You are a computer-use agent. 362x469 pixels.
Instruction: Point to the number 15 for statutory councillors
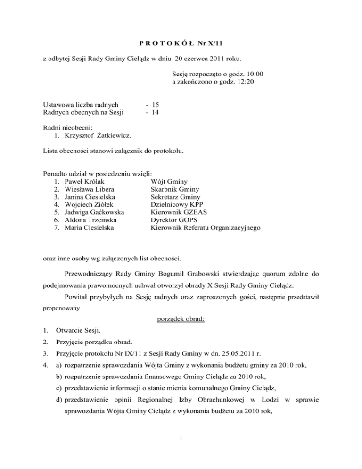153,104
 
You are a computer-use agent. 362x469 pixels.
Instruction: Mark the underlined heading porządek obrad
181,313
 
